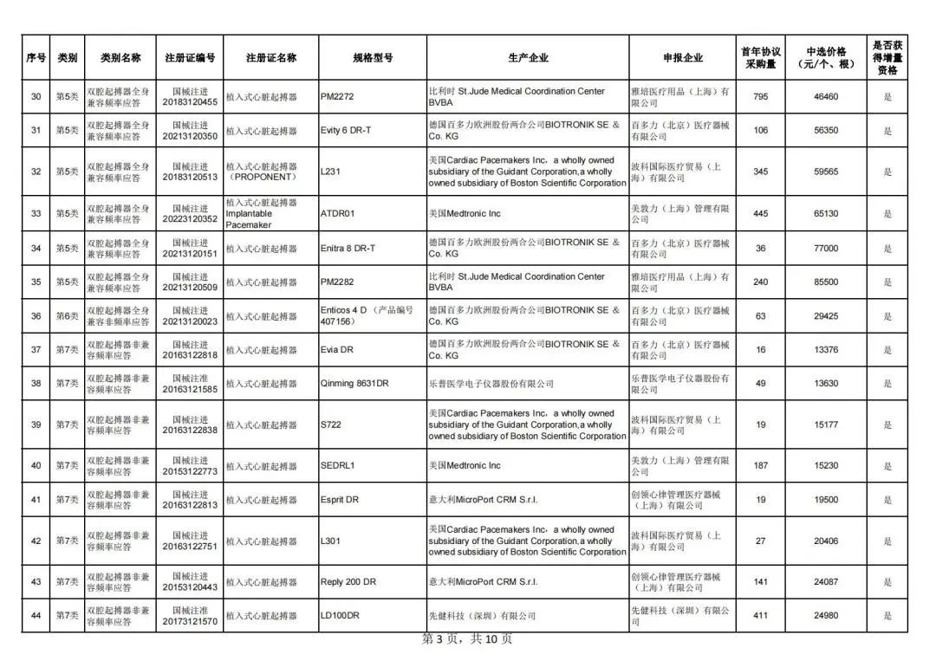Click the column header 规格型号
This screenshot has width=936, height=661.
[x=373, y=58]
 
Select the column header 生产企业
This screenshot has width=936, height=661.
[x=528, y=58]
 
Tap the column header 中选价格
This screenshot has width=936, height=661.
[x=825, y=58]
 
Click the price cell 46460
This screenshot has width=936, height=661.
[x=825, y=97]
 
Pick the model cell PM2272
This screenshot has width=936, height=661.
[x=337, y=97]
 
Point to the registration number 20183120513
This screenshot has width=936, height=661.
[x=190, y=178]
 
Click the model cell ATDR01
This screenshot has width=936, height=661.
[x=338, y=213]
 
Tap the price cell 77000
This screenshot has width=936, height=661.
[x=825, y=249]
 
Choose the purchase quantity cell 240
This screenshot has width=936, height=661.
[x=760, y=282]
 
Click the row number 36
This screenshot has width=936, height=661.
[x=36, y=316]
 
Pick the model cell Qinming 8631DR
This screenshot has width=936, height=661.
[x=354, y=384]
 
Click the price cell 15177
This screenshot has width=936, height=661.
[x=825, y=425]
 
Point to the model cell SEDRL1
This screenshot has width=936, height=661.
[x=338, y=465]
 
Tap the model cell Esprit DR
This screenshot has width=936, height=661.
[x=340, y=500]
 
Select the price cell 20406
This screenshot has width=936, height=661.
[x=825, y=541]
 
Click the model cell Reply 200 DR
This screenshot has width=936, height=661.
[x=348, y=582]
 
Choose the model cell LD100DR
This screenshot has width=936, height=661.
[x=340, y=616]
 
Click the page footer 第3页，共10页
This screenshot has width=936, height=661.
[x=467, y=639]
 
